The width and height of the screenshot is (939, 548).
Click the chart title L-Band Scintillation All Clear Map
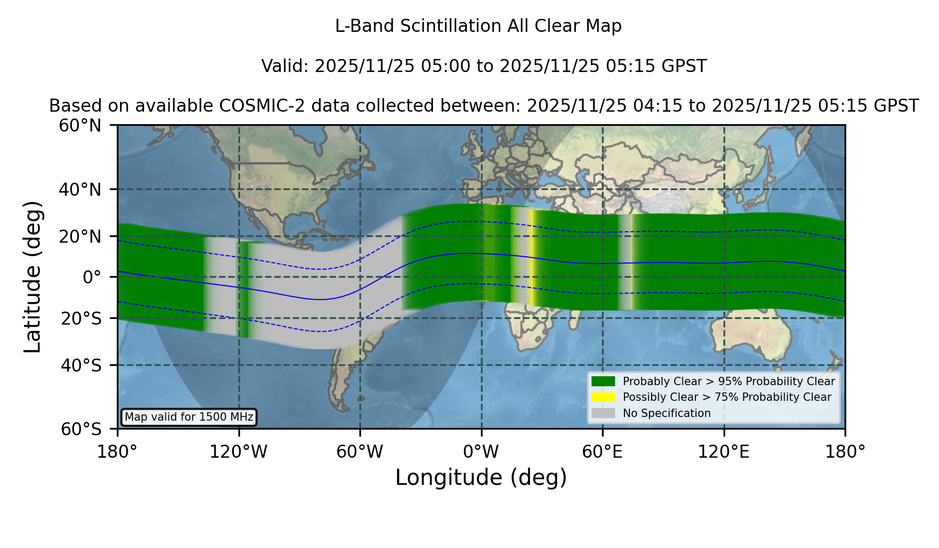(478, 26)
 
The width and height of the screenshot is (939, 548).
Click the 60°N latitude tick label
(80, 126)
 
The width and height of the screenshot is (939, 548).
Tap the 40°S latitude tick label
(81, 365)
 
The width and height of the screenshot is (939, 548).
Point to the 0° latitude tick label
(92, 277)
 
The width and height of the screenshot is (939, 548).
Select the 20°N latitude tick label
(80, 236)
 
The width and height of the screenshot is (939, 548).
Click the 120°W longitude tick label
(238, 451)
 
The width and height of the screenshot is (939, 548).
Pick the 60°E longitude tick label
(603, 451)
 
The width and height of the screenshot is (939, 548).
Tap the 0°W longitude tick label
(481, 451)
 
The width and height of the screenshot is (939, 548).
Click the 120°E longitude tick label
(724, 451)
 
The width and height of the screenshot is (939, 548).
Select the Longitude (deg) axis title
(481, 478)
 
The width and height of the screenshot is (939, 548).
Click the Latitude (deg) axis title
(33, 277)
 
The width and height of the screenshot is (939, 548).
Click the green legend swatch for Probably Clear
(603, 381)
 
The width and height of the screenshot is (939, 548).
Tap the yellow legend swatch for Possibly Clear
(603, 397)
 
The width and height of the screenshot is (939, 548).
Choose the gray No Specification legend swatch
(603, 413)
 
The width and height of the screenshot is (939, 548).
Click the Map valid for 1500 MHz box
(189, 417)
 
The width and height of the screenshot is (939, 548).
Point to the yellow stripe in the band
(531, 257)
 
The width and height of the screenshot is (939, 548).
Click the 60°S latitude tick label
(81, 429)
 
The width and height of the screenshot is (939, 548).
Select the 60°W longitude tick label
(360, 451)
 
